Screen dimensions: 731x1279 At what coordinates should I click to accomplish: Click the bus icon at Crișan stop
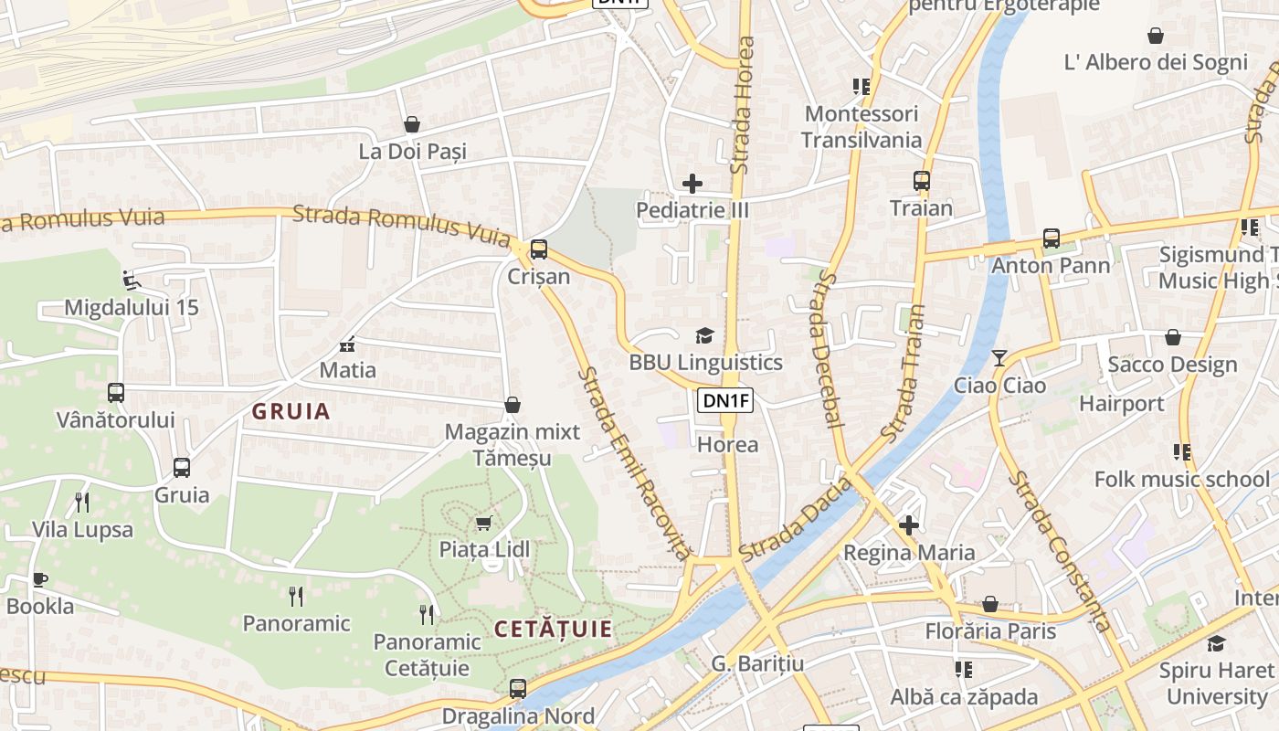pos(539,249)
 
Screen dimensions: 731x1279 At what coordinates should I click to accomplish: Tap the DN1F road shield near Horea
pos(726,399)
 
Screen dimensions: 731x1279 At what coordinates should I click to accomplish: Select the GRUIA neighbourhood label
pos(291,411)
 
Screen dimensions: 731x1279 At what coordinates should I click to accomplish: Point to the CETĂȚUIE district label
pos(554,629)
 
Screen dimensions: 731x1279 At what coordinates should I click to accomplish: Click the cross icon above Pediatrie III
pos(692,184)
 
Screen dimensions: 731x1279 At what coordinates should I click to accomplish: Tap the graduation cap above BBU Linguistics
pos(704,335)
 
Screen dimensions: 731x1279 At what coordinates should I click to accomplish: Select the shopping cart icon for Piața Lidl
pos(483,523)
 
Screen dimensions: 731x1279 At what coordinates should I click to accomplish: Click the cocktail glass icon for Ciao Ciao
pos(999,357)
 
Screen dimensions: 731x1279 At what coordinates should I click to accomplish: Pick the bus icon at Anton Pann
pos(1052,238)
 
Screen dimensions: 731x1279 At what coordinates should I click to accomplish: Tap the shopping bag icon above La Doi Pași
pos(412,124)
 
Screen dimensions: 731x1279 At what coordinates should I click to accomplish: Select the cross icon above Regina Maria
pos(909,525)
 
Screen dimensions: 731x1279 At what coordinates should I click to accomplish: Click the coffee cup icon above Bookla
pos(40,579)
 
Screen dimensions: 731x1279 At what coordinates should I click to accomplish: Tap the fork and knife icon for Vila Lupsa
pos(82,502)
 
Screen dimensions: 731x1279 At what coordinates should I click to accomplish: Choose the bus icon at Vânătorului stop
pos(116,393)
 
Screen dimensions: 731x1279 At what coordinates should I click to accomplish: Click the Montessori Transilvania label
pos(861,127)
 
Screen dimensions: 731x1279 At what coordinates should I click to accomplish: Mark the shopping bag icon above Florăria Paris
pos(990,604)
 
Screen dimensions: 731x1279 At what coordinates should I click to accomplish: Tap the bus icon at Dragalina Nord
pos(518,689)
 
